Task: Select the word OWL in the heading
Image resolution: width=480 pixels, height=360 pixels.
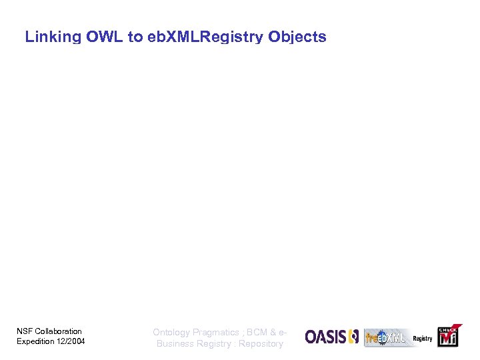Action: [105, 37]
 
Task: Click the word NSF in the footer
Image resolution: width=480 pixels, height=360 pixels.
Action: [24, 331]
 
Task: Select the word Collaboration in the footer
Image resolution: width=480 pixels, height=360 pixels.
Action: [58, 331]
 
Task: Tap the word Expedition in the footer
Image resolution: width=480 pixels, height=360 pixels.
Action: [35, 342]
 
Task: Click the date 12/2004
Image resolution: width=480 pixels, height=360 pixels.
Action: [71, 342]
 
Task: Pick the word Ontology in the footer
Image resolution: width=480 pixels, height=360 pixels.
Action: [171, 332]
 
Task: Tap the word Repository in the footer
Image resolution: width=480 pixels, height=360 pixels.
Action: [261, 344]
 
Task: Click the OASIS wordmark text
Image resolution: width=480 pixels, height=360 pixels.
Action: [325, 337]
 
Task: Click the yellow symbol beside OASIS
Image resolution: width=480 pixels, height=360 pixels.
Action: [353, 337]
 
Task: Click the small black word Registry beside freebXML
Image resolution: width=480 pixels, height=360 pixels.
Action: [423, 339]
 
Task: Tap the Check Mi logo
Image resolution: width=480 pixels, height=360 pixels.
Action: [447, 337]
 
